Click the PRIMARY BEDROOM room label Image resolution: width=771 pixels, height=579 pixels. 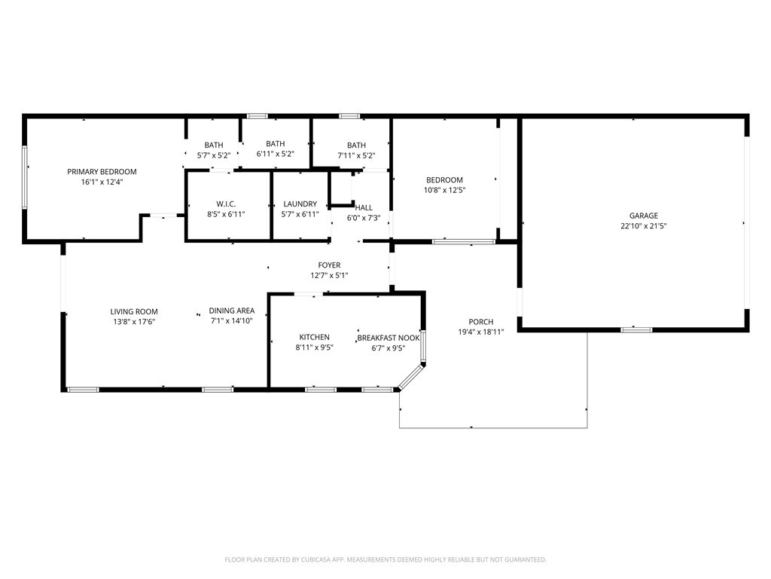click(102, 172)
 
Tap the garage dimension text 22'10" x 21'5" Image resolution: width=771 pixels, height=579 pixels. click(644, 225)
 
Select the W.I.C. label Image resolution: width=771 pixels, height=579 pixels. click(226, 204)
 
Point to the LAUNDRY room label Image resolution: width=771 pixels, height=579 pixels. click(300, 204)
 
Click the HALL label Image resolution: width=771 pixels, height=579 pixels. click(364, 208)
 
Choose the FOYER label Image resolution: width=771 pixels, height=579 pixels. click(329, 265)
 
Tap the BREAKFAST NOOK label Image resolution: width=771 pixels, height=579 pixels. click(389, 338)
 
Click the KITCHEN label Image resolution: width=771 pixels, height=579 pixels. click(314, 337)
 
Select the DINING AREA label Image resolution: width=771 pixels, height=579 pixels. click(232, 311)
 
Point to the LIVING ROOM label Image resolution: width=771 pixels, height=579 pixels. click(134, 311)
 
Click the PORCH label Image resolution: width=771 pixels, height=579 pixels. click(481, 322)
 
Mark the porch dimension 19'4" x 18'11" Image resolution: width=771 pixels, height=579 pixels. click(481, 332)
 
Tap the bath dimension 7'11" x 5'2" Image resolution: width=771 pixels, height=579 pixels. click(356, 155)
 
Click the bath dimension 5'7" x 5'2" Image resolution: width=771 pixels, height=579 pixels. click(214, 155)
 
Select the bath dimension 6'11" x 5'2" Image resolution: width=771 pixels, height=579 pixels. click(275, 154)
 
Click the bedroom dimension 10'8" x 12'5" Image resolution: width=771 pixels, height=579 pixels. click(444, 190)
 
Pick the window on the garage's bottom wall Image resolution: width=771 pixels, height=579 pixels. click(636, 329)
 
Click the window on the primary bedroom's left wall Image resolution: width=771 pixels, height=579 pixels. click(25, 177)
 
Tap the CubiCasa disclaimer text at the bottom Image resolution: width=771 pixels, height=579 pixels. click(385, 559)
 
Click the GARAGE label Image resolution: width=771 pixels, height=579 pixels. click(644, 216)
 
